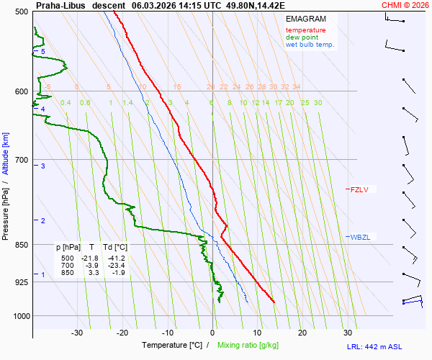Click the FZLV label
359,190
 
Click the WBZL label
359,237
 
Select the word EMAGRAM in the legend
305,19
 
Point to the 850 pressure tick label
22,245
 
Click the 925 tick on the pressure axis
22,282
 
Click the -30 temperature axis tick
77,333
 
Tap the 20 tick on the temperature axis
302,333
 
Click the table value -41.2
116,258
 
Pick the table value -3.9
92,266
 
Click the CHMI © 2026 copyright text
405,4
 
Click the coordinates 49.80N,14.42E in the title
256,4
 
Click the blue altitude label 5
43,52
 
